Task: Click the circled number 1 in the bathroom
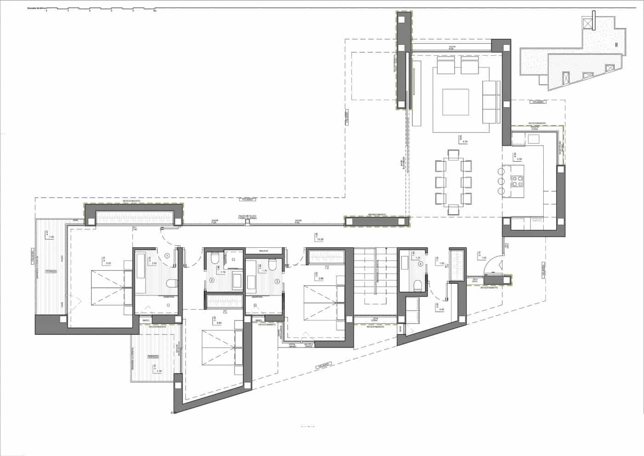pyautogui.click(x=167, y=255)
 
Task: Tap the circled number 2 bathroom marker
pyautogui.click(x=212, y=280)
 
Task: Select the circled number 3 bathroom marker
pyautogui.click(x=277, y=281)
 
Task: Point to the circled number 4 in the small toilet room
pyautogui.click(x=420, y=264)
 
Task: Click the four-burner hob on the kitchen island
pyautogui.click(x=517, y=181)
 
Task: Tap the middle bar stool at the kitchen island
pyautogui.click(x=501, y=181)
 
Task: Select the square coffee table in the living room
pyautogui.click(x=456, y=102)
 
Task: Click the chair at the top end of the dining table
pyautogui.click(x=454, y=154)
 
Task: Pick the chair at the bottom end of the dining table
pyautogui.click(x=454, y=210)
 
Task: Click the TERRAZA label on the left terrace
pyautogui.click(x=51, y=272)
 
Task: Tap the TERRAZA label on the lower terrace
pyautogui.click(x=153, y=357)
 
